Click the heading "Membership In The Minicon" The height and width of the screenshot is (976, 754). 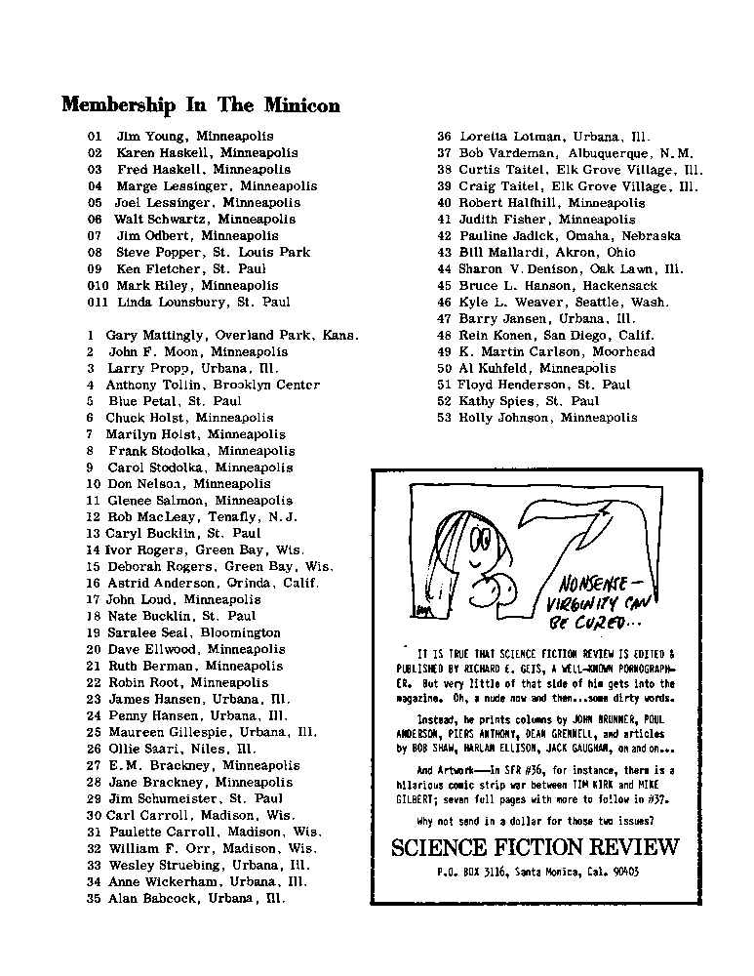[x=201, y=105]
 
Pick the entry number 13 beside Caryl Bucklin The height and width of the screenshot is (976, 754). [x=94, y=534]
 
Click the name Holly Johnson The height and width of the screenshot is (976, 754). [x=505, y=418]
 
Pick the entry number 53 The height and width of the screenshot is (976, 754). [x=445, y=418]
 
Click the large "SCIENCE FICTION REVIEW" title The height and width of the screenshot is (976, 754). [x=535, y=846]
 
